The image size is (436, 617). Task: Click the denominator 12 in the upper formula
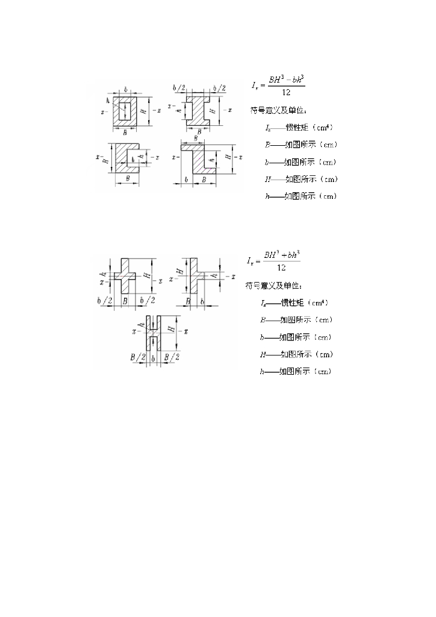click(281, 92)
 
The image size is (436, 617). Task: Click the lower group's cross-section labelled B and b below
click(193, 277)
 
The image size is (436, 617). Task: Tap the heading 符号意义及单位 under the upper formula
click(278, 110)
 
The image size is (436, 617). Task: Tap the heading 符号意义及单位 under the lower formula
click(275, 285)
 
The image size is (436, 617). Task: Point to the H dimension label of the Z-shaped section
click(228, 157)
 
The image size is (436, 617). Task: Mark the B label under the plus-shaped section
click(125, 299)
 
